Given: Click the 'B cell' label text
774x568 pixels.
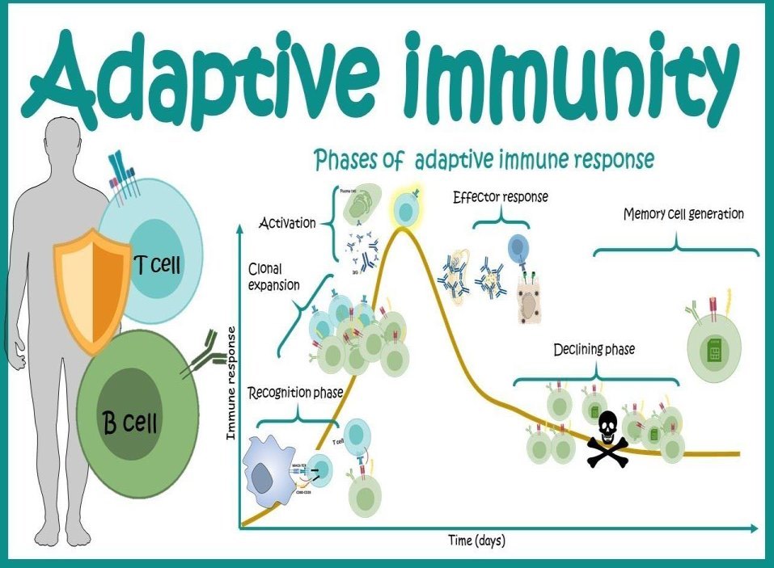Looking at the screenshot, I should click(x=129, y=421).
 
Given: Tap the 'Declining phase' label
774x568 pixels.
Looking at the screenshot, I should click(x=594, y=350).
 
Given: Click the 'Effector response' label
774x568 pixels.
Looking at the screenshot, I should click(x=501, y=197).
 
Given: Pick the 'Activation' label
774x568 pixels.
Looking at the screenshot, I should click(x=287, y=222).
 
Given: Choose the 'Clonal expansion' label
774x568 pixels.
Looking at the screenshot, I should click(x=273, y=277).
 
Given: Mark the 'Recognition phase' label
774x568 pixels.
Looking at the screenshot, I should click(x=295, y=393).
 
